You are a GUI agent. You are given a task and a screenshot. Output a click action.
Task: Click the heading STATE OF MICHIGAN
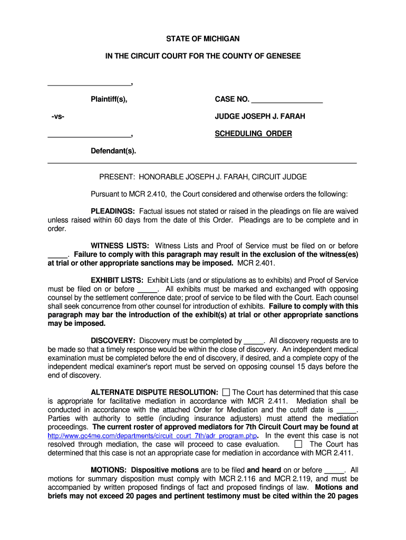click(x=203, y=39)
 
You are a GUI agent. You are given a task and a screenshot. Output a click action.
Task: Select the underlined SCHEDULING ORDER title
click(x=253, y=134)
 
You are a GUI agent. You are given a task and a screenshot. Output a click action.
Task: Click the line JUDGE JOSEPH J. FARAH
click(x=260, y=117)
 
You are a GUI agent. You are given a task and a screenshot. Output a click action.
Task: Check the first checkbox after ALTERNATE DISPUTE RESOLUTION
click(x=226, y=392)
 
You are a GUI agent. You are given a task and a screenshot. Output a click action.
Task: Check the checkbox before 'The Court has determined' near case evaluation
click(x=298, y=444)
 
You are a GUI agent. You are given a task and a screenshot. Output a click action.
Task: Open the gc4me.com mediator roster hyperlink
click(x=152, y=436)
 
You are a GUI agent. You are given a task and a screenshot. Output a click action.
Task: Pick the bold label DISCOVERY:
click(x=113, y=341)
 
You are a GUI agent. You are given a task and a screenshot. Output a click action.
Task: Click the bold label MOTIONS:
click(x=109, y=470)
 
